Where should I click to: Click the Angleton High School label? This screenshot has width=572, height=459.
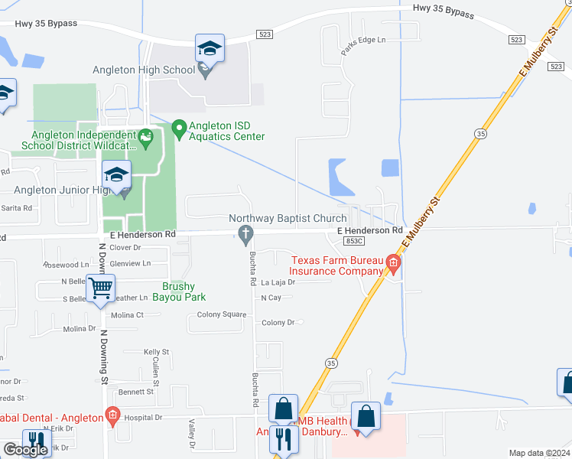click(144, 70)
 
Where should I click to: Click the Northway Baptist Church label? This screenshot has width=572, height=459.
click(288, 219)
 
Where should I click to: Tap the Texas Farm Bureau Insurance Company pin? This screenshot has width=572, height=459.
click(393, 265)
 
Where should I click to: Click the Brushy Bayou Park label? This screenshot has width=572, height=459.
click(184, 291)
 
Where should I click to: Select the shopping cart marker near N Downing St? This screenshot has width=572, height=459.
click(101, 289)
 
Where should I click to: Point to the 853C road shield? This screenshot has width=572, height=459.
click(353, 240)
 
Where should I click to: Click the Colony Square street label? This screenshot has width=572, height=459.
click(222, 314)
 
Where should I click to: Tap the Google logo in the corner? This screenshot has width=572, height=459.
click(24, 450)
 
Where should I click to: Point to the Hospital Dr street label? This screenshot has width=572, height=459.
click(144, 418)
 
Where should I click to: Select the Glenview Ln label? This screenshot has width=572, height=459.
click(130, 263)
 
